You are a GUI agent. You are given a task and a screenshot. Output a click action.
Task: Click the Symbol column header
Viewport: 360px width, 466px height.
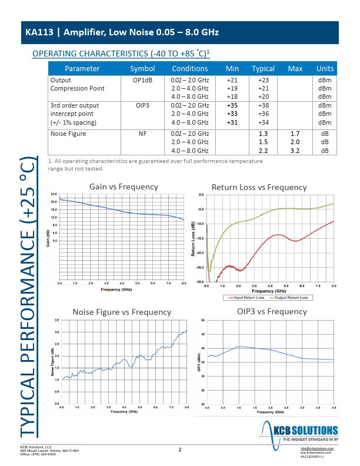point(142,68)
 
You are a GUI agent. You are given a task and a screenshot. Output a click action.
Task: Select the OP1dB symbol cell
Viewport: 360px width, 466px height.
point(142,80)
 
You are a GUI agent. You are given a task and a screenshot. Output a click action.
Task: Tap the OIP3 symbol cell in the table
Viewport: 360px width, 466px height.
point(142,105)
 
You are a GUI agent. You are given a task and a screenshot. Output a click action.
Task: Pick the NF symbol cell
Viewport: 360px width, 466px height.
point(142,134)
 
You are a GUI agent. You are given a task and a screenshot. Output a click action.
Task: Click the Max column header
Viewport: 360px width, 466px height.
point(295,68)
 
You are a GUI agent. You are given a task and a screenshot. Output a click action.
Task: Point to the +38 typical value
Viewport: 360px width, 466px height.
point(263,105)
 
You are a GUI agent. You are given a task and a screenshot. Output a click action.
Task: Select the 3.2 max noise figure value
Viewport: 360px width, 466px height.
point(295,151)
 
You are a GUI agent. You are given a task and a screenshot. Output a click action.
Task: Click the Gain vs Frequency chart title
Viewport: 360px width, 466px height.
point(124,187)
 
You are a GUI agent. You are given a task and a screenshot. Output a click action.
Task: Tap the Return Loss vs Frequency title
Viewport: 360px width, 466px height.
point(259,187)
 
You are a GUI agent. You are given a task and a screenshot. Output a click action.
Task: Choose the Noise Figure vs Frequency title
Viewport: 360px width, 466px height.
point(122,312)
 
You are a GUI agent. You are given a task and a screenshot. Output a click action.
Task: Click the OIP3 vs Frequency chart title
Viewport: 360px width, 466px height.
point(264,311)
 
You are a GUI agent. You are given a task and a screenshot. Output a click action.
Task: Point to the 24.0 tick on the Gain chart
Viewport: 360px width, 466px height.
point(54,194)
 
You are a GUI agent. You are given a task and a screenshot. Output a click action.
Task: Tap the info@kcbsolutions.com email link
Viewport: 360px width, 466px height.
point(316,448)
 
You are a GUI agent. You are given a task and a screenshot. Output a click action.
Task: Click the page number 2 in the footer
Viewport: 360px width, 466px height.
point(179,450)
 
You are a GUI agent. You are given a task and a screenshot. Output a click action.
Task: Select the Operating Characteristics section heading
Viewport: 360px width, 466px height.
point(121,54)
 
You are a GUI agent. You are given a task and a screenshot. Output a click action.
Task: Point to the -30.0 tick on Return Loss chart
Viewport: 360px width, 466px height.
point(200,282)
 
